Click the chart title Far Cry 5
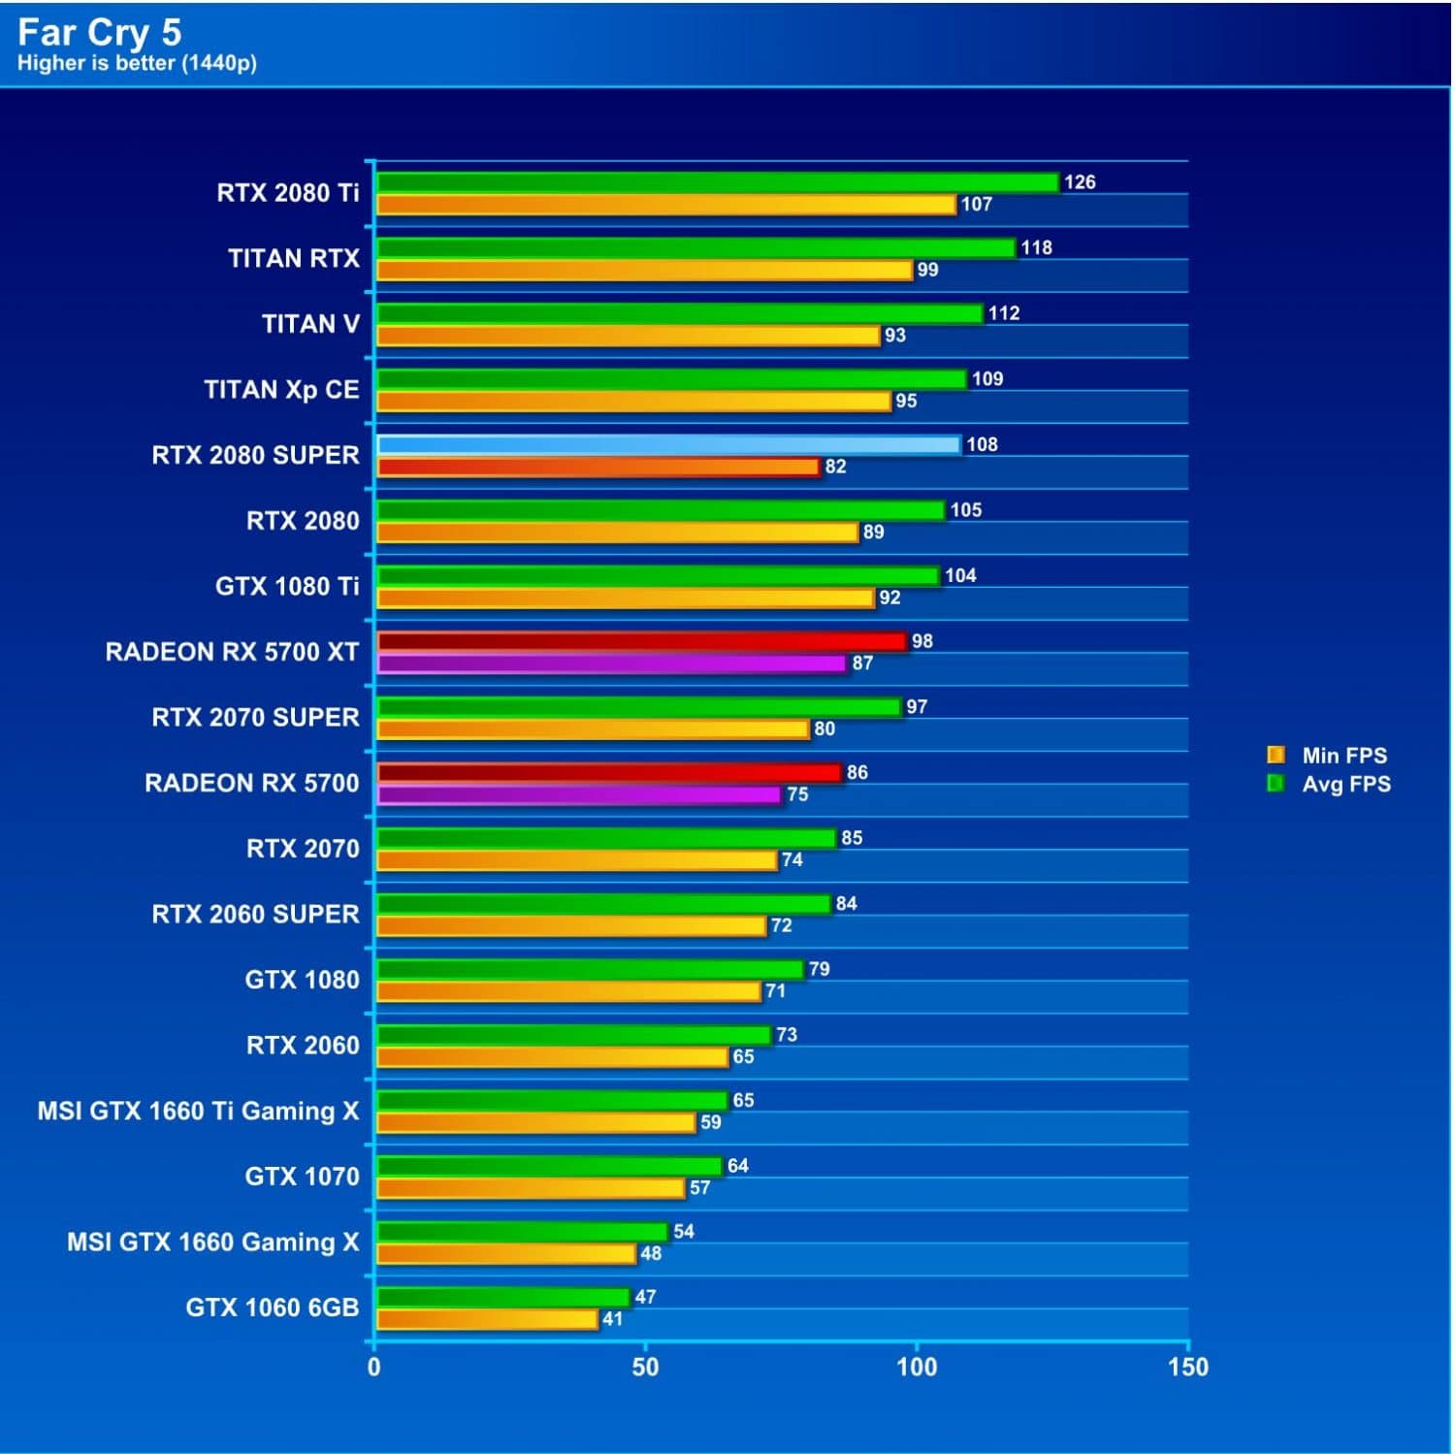tap(99, 32)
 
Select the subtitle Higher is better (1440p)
tap(137, 63)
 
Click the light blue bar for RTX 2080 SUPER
tap(668, 445)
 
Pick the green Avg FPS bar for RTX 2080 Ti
tap(717, 182)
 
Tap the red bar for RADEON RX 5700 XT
tap(641, 641)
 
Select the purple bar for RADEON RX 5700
tap(578, 795)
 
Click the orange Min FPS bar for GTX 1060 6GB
tap(487, 1319)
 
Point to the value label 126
tap(1079, 182)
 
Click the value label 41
tap(612, 1319)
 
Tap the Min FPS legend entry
tap(1343, 756)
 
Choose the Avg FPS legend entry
tap(1345, 784)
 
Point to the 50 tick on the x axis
tap(645, 1368)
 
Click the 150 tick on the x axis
tap(1188, 1368)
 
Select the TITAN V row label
tap(310, 324)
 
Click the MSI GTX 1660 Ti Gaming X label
tap(198, 1111)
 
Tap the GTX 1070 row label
tap(302, 1177)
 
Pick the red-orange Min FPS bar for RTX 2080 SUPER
tap(598, 468)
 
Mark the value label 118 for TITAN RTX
tap(1036, 247)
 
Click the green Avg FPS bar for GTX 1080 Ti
tap(658, 576)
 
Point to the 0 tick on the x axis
tap(374, 1368)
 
